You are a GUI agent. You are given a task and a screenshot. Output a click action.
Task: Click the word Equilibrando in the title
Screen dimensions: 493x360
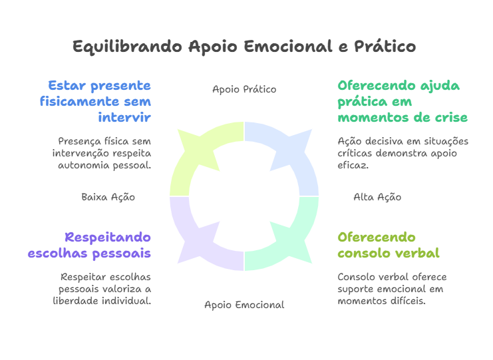click(x=127, y=47)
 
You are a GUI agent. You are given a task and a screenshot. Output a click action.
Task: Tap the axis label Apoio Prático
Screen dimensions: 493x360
click(x=244, y=89)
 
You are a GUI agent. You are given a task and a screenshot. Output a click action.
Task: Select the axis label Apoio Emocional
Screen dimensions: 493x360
click(x=244, y=305)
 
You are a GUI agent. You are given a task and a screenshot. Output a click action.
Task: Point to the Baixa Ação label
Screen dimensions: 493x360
click(x=108, y=197)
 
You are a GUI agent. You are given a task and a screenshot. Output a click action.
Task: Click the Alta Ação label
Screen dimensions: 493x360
click(x=377, y=197)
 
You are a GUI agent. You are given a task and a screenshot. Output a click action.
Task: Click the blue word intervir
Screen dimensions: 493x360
click(x=124, y=117)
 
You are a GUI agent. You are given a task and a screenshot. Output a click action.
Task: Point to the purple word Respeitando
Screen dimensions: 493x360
click(x=108, y=238)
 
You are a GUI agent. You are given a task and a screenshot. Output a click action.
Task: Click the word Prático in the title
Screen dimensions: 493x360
click(x=385, y=47)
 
